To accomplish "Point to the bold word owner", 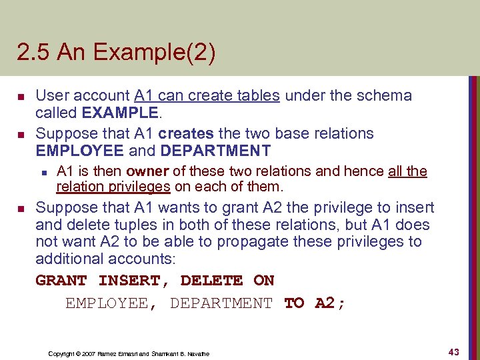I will coord(147,171).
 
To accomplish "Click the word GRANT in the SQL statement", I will coord(61,281).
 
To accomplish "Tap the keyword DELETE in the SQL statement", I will coord(211,281).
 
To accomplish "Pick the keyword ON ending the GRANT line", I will coord(264,281).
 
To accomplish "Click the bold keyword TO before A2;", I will coord(294,303).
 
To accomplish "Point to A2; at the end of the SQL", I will coord(330,303).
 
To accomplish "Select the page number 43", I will coord(453,351).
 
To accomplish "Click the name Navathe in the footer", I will coord(199,353).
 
